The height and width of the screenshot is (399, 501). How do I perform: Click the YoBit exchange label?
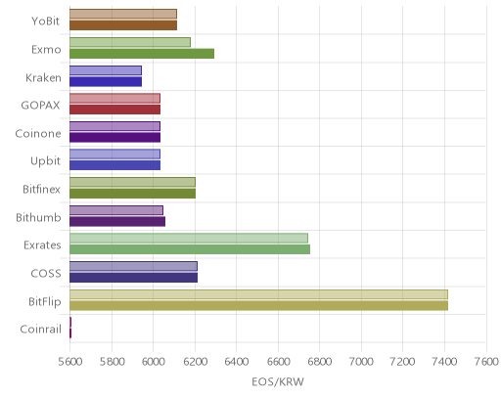46,22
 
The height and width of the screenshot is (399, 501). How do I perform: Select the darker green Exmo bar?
142,54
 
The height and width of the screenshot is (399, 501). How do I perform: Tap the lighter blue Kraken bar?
106,70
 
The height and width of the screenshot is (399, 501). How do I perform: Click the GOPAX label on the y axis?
40,106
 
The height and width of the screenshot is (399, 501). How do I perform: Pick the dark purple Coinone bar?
114,138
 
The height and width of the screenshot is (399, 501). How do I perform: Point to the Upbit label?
45,161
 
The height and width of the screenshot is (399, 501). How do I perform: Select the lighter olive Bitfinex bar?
132,182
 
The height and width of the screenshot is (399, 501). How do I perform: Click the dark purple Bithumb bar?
117,222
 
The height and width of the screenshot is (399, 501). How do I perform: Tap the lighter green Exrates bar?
189,239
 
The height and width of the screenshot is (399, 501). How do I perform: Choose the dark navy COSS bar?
133,278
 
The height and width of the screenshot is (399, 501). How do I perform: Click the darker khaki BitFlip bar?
258,306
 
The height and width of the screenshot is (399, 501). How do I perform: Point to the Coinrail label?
41,330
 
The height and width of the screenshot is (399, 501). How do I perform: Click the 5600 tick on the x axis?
70,362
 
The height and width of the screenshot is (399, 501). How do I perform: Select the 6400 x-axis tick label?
237,362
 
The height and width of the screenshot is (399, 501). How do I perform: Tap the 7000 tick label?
361,362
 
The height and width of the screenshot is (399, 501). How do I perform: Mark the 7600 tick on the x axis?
486,362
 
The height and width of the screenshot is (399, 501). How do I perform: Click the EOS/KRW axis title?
278,381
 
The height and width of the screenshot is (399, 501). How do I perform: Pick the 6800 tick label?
320,362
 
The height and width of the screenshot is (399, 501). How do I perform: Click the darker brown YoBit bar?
123,25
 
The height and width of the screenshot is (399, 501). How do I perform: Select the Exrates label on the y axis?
42,245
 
